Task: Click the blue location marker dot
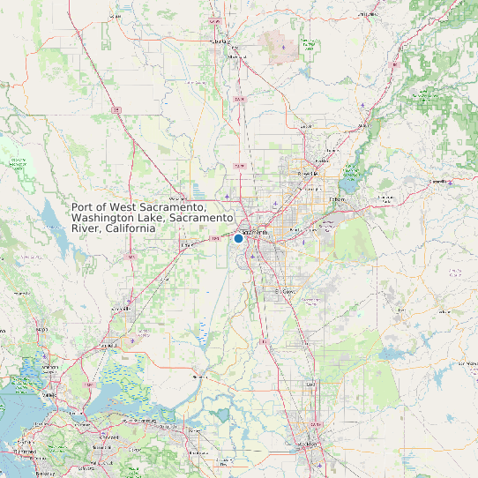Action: [238, 237]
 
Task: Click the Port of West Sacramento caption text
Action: [153, 217]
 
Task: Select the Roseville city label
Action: [308, 174]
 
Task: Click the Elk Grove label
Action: [284, 290]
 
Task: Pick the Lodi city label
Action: [310, 385]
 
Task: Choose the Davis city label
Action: [188, 244]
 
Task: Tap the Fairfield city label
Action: [95, 340]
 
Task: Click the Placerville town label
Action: [439, 181]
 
